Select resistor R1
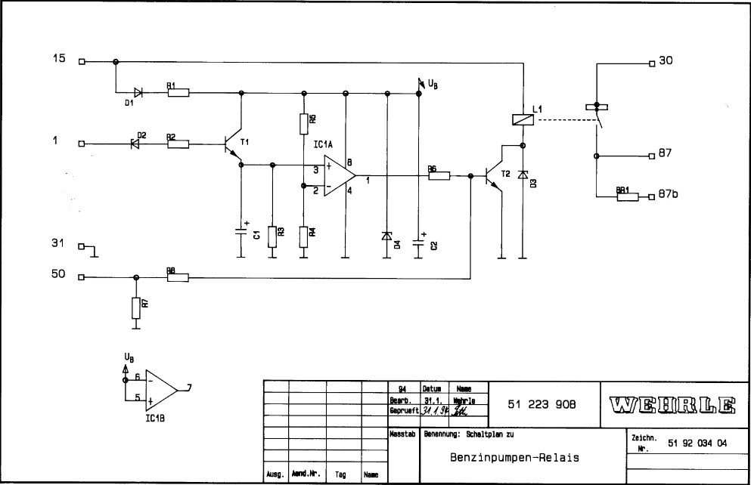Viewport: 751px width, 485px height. coord(178,93)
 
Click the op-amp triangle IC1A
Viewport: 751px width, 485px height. coord(339,177)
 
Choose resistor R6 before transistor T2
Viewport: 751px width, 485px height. coord(439,176)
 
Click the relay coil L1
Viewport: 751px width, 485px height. coord(522,119)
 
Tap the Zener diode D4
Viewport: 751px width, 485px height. coord(387,236)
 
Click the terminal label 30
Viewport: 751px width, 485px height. coord(666,62)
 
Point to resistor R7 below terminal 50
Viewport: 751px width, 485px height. coord(135,307)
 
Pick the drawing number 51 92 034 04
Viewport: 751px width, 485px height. coord(698,443)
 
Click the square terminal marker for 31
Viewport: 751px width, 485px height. coord(82,246)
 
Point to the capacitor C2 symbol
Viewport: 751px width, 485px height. coord(418,242)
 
